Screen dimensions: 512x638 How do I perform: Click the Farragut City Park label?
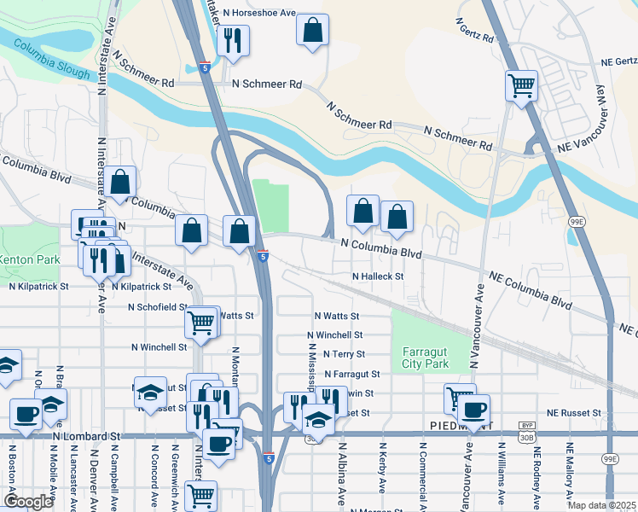click(x=425, y=358)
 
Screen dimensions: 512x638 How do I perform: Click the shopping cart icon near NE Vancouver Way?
click(x=520, y=85)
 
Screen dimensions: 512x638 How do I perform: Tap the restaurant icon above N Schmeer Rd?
click(x=232, y=40)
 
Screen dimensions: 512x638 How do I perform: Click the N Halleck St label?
click(x=377, y=276)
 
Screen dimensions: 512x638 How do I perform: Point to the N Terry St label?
click(x=341, y=354)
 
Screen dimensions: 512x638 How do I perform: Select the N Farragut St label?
click(x=351, y=374)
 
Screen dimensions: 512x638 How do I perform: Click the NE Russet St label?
click(x=574, y=413)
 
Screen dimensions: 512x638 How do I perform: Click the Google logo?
click(x=28, y=501)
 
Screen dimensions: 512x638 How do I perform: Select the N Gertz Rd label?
click(x=475, y=31)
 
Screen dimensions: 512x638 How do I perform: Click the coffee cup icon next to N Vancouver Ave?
click(x=473, y=408)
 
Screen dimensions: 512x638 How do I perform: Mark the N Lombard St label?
click(x=85, y=436)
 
